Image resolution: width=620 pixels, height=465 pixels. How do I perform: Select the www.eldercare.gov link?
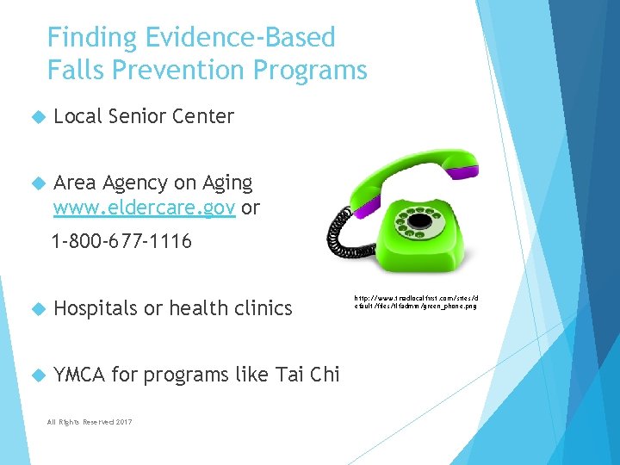pos(145,208)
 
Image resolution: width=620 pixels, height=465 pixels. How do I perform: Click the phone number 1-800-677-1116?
pos(121,242)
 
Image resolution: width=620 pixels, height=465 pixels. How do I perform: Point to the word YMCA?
pos(80,374)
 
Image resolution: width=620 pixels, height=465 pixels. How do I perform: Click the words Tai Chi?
pos(307,374)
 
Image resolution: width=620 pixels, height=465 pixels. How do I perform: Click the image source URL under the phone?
pos(415,301)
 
